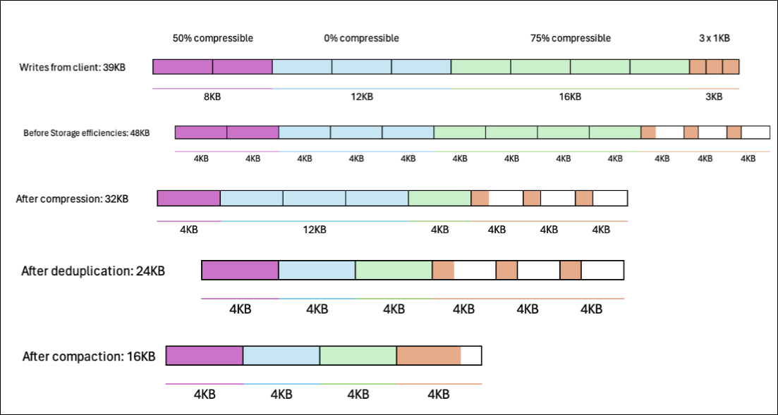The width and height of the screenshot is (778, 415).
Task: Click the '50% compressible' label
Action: (x=212, y=38)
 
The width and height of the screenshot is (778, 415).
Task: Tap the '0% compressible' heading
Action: (x=361, y=38)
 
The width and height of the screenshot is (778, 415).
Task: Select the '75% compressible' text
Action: (x=570, y=38)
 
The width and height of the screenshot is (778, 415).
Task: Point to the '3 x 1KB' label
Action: (x=714, y=38)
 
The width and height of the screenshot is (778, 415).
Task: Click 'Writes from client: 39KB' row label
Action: (x=73, y=68)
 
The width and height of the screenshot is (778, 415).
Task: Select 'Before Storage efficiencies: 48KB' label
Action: (x=86, y=132)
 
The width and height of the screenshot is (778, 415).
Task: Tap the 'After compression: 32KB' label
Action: (x=72, y=199)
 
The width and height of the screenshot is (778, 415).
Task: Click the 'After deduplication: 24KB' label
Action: (x=93, y=271)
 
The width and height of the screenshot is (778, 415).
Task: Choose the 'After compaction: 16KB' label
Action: (x=89, y=356)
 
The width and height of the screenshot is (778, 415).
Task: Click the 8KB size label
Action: (x=212, y=97)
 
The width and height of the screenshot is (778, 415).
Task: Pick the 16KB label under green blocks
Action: (x=570, y=97)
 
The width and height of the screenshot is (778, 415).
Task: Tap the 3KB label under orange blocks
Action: (x=714, y=97)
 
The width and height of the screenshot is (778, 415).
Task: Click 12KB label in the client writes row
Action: (x=361, y=97)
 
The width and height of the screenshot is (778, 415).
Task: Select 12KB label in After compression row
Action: (x=315, y=229)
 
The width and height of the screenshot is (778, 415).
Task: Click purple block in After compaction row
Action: (x=205, y=356)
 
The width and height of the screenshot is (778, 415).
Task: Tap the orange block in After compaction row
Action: (x=428, y=356)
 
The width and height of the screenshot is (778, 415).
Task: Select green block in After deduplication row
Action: (x=394, y=271)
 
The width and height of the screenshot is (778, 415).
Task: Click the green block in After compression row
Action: (x=439, y=198)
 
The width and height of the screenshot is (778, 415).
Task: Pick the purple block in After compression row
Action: (x=188, y=198)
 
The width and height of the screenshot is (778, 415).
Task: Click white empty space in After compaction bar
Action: (x=471, y=356)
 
